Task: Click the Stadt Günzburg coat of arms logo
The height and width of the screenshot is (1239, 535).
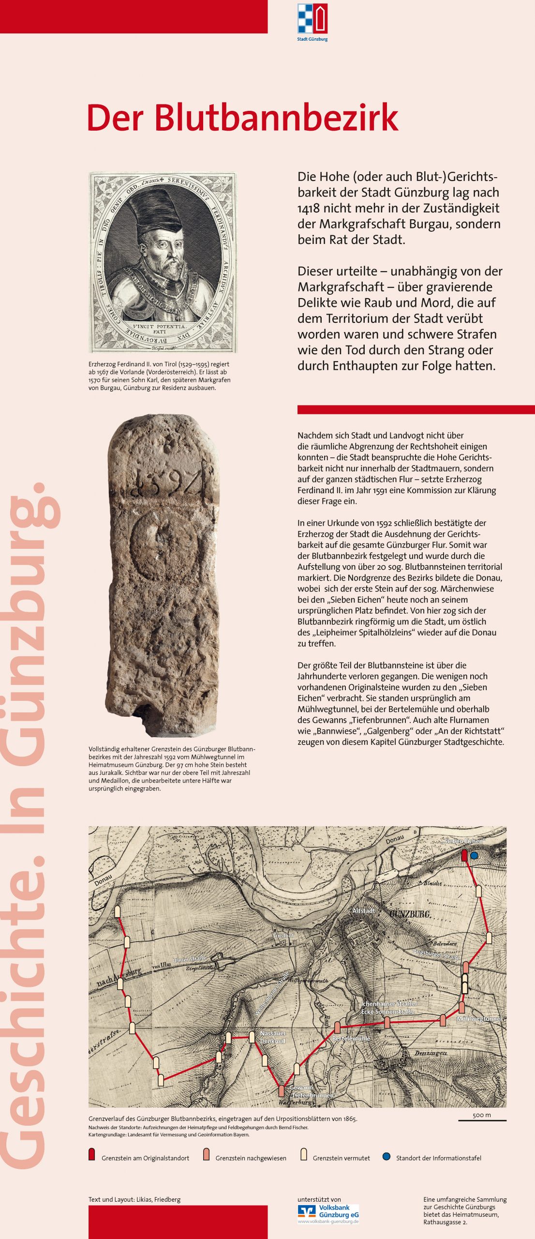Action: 312,19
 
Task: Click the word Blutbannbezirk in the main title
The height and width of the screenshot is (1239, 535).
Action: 276,118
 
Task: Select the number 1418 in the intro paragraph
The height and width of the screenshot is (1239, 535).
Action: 309,209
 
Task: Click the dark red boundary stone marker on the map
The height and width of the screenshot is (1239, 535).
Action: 464,855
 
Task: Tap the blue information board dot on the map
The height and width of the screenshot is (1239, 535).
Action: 474,856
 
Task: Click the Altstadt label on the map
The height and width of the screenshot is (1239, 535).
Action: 364,910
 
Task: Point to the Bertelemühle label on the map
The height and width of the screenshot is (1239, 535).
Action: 351,1039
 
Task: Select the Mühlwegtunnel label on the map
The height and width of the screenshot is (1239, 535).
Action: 478,1018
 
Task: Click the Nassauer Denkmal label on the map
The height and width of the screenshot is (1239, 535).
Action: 273,1037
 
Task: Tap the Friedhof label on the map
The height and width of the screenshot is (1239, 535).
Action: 283,936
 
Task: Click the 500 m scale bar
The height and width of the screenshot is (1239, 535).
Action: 482,1120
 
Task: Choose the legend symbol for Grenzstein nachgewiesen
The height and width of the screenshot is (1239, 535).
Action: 207,1154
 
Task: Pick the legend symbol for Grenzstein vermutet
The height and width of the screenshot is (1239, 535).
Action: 304,1154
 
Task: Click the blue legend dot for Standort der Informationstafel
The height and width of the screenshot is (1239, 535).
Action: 386,1156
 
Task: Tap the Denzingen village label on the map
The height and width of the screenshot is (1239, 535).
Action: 431,1053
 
